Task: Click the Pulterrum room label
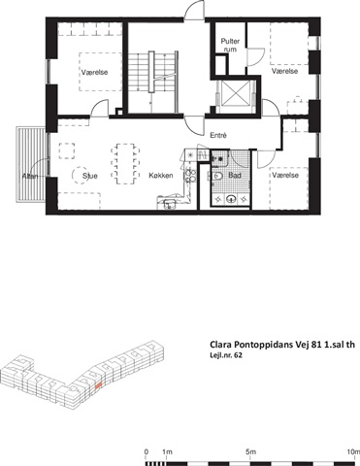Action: coord(230,46)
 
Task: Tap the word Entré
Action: coord(218,136)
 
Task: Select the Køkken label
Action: coord(161,176)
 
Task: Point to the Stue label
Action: coord(90,176)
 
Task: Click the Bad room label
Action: coord(235,176)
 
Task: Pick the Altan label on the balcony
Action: coord(30,177)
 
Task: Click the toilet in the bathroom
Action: coord(217,176)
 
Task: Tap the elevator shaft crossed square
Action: coord(236,93)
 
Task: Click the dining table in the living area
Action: coord(125,164)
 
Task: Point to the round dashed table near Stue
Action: coord(80,176)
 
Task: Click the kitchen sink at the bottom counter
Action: coord(169,204)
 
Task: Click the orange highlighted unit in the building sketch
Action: coord(99,384)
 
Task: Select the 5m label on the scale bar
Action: coord(250,451)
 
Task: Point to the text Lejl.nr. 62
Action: coord(226,355)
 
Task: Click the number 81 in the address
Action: coord(317,345)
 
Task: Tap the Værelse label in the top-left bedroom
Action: coord(94,73)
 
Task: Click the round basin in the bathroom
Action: coord(231,199)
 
